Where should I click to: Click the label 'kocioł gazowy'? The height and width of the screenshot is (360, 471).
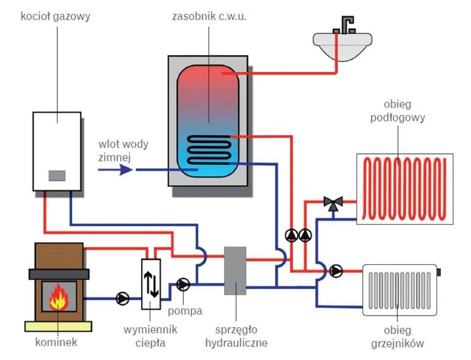[x=55, y=17]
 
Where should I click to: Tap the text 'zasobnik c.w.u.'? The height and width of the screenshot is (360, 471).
[x=209, y=17]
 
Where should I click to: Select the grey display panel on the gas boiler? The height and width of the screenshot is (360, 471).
[x=57, y=176]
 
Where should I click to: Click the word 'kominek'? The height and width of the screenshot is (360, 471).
[x=56, y=342]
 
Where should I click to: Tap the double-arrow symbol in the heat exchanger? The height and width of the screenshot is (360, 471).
[x=151, y=284]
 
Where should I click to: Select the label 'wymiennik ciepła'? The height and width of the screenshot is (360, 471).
[x=150, y=336]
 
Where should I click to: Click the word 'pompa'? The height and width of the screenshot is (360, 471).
[x=185, y=311]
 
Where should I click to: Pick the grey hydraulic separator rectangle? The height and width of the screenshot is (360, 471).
[x=235, y=271]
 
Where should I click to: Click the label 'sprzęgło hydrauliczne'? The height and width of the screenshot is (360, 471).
[x=236, y=336]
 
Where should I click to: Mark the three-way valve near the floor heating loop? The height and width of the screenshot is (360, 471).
[x=333, y=203]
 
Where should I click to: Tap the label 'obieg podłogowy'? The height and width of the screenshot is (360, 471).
[x=397, y=111]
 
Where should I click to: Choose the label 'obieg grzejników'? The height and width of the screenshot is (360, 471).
[x=397, y=337]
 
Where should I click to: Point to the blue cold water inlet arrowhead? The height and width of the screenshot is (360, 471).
[x=126, y=170]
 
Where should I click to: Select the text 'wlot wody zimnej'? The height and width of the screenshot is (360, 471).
[x=123, y=151]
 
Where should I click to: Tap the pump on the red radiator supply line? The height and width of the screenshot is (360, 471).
[x=336, y=271]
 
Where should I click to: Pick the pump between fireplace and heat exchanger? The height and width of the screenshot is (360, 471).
[x=123, y=298]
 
